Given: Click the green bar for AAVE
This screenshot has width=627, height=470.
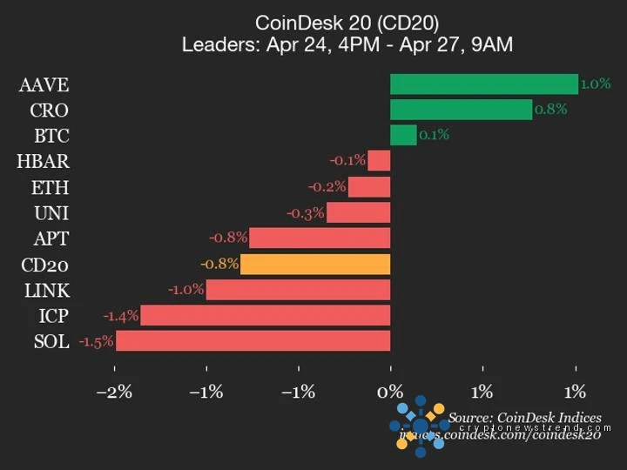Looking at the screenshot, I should coord(483,84).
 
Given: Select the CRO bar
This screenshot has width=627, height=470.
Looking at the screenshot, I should coord(461,110).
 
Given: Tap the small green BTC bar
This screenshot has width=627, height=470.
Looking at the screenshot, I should coord(403,135).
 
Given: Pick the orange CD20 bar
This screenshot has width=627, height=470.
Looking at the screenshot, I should coord(315,264).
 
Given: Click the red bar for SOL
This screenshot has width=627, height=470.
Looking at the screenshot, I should coord(253,341).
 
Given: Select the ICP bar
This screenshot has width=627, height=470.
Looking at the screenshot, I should coord(266,315).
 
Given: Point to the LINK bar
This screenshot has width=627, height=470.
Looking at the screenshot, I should coord(298,290).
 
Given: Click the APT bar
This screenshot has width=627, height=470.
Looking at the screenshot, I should coord(320,238).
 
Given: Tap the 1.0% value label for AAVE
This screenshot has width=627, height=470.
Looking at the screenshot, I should coord(596,84).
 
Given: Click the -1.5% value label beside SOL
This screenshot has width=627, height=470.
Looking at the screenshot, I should coord(96,341).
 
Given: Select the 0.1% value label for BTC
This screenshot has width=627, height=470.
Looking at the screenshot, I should coord(434,135).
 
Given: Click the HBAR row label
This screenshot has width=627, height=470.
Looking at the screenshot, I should coord(43,161).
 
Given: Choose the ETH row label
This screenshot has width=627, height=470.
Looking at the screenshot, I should coord(51,187).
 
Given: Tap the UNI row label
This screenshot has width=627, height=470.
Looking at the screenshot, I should coord(51,212).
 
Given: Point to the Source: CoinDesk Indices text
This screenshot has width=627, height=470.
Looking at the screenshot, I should coord(525,418).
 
